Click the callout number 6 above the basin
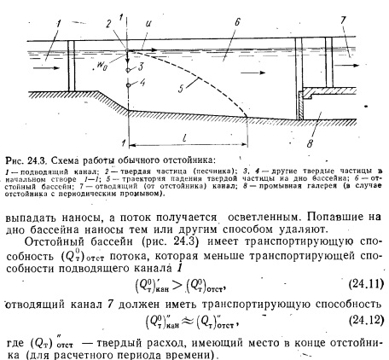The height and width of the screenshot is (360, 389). [x=238, y=21]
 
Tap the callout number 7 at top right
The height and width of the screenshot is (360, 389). [x=343, y=20]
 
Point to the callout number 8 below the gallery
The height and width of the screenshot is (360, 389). [x=310, y=143]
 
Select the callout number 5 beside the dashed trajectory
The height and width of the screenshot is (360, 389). [x=181, y=89]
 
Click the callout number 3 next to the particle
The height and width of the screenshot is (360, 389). [x=141, y=67]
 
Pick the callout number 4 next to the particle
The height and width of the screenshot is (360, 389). [x=142, y=83]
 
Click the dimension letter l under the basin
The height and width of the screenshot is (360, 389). [x=185, y=137]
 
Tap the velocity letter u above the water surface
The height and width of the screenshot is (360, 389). [x=148, y=23]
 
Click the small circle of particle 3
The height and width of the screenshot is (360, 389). [x=128, y=70]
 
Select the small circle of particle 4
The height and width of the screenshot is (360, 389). [x=128, y=84]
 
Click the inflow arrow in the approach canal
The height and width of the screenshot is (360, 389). [x=46, y=67]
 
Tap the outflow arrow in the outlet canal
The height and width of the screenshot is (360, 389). [x=346, y=66]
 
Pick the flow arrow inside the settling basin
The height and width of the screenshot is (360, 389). [x=253, y=73]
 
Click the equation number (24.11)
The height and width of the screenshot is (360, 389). [x=366, y=284]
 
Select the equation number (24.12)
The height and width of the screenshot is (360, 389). [x=366, y=320]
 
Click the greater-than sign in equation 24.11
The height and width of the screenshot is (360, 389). [x=177, y=286]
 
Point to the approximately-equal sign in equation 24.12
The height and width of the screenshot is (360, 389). [x=188, y=321]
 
